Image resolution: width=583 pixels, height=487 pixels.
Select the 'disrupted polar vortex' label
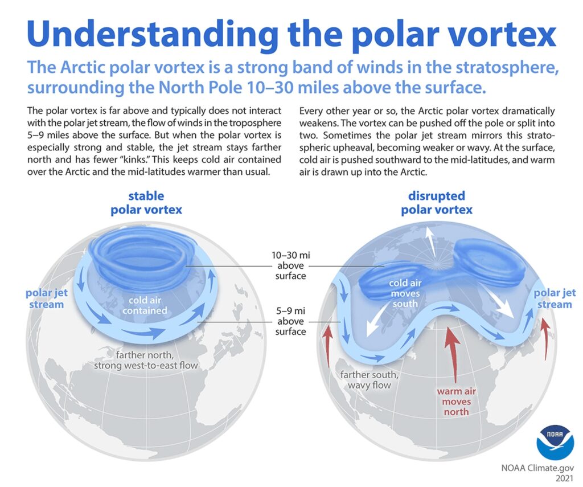[x=436, y=202]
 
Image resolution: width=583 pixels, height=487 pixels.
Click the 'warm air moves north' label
[x=454, y=402]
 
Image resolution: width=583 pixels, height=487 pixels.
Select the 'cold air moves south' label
[x=405, y=293]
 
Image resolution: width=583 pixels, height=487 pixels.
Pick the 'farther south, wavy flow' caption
[x=366, y=380]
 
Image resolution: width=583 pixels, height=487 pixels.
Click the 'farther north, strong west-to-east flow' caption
[x=146, y=359]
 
